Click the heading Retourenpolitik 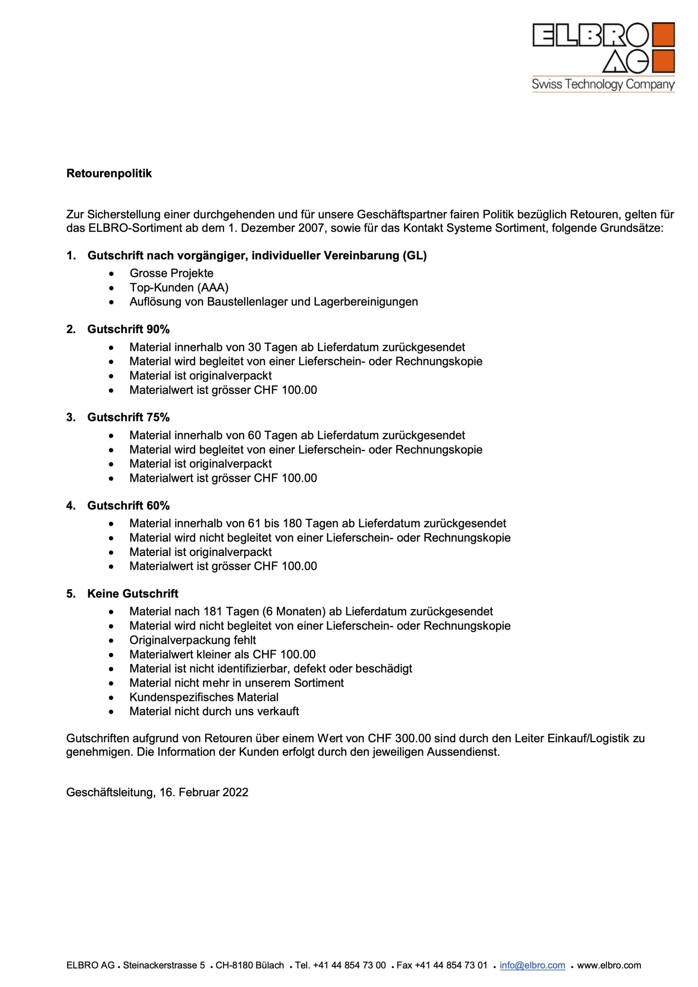[x=109, y=173]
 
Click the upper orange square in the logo [x=663, y=34]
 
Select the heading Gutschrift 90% [x=128, y=329]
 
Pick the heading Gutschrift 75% [x=128, y=418]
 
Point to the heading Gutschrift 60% [x=128, y=505]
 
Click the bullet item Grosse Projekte [x=171, y=273]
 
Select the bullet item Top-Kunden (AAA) [x=179, y=288]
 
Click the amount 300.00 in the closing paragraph [x=411, y=739]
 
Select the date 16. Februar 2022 [x=204, y=792]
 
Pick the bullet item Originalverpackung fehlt [x=193, y=640]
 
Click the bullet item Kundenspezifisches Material [x=204, y=697]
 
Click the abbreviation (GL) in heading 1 [x=415, y=256]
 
